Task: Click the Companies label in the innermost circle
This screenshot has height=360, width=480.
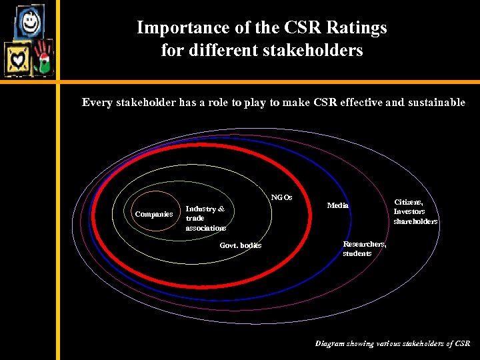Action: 154,214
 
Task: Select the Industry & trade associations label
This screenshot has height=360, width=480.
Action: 205,218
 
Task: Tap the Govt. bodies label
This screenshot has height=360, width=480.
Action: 241,246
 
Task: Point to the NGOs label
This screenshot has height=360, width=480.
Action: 281,197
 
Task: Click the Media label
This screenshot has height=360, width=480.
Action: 338,205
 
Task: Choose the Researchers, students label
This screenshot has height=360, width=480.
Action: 364,249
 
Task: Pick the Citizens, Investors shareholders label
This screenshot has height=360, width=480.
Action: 415,211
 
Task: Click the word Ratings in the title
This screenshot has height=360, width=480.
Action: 355,28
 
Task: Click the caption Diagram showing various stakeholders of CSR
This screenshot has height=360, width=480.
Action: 392,344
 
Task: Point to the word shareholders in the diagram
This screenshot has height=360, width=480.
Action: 415,221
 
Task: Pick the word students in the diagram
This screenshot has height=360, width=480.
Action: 357,254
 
